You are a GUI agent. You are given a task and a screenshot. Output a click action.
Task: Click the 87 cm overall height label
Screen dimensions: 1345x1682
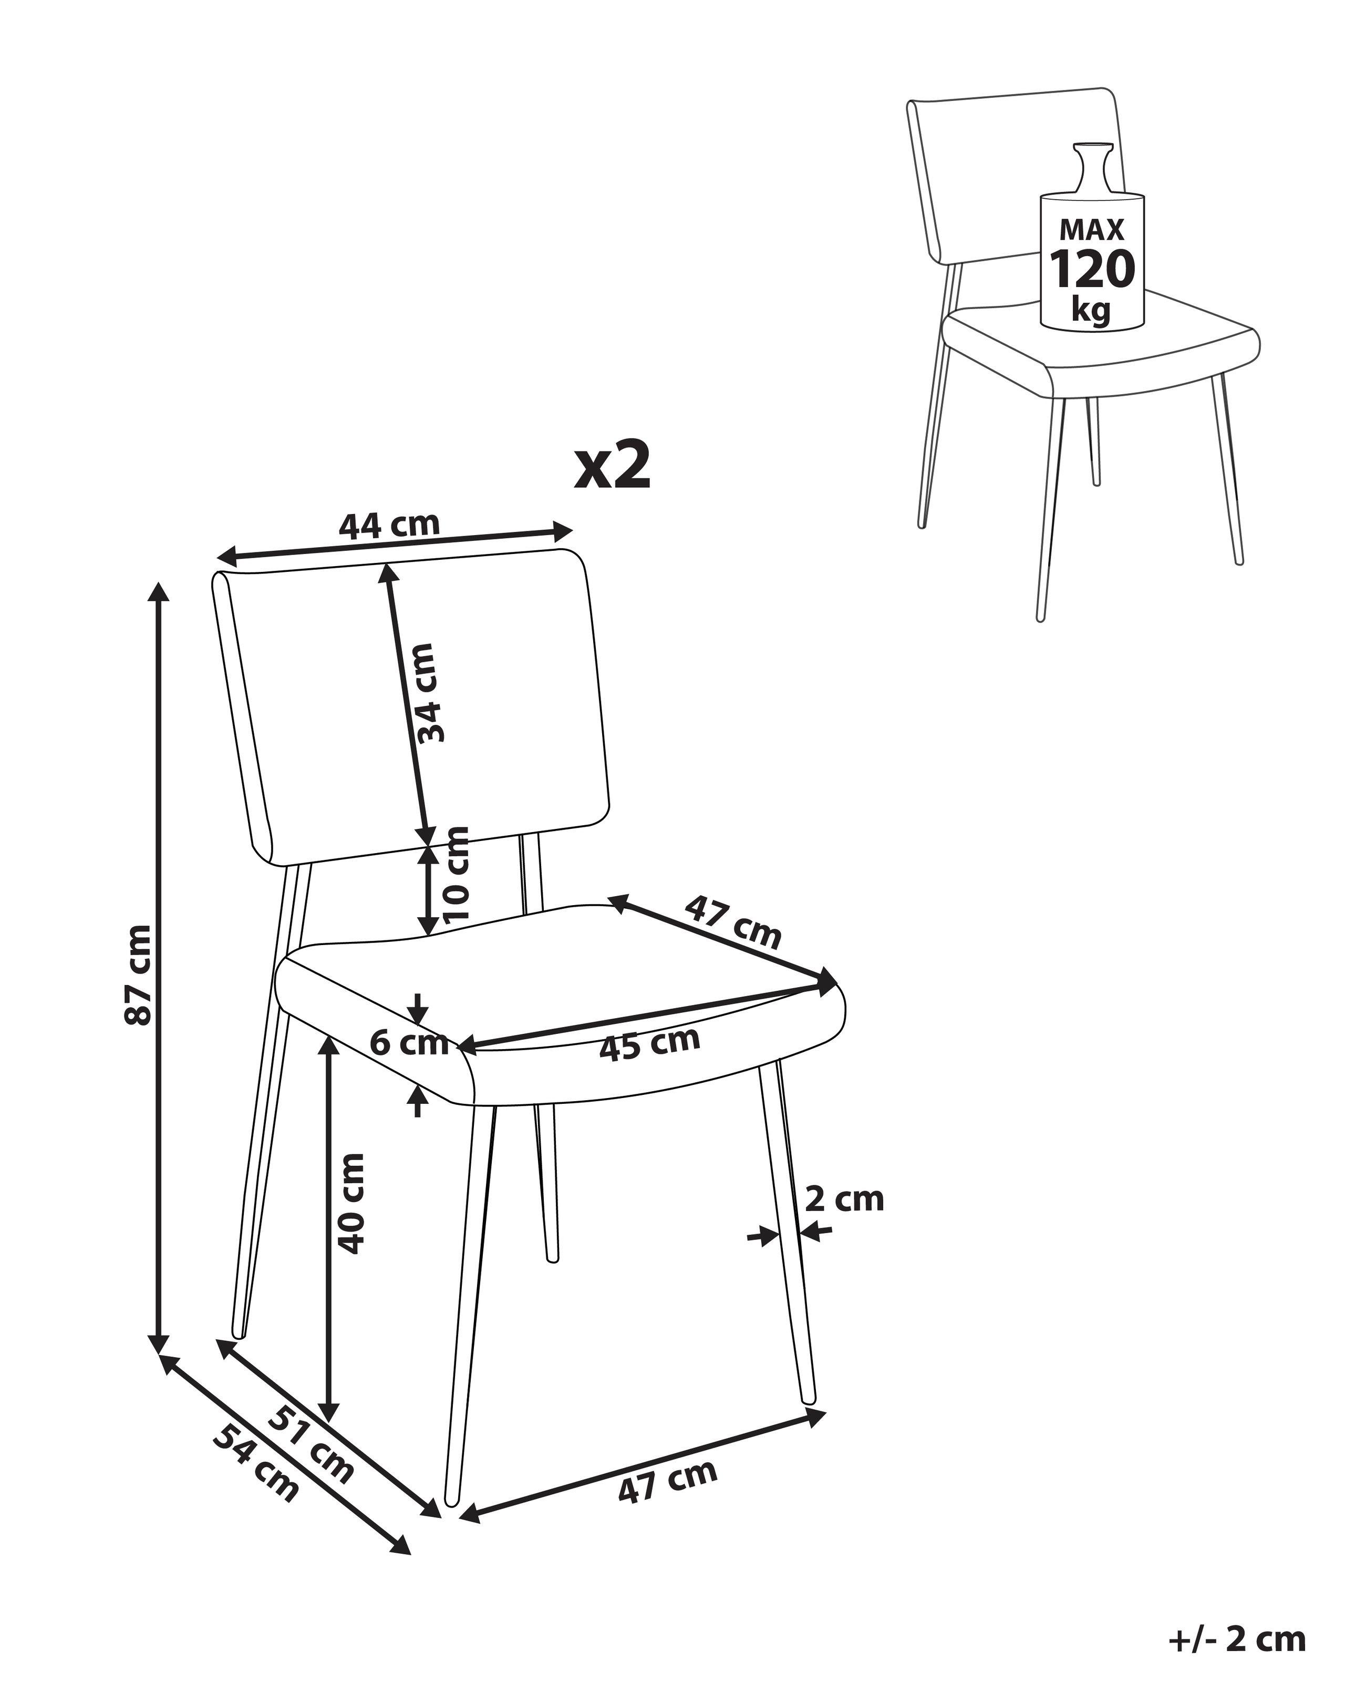point(140,975)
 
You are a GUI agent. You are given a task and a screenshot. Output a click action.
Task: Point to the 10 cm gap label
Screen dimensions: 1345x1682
point(456,875)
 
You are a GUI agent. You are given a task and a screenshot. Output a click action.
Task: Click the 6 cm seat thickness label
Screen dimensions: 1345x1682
point(409,1043)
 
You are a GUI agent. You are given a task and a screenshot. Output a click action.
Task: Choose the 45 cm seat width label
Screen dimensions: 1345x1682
point(649,1044)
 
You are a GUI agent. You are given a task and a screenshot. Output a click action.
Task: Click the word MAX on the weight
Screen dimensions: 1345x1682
point(1092,229)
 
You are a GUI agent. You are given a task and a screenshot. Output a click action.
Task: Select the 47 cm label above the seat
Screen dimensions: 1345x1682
point(732,923)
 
